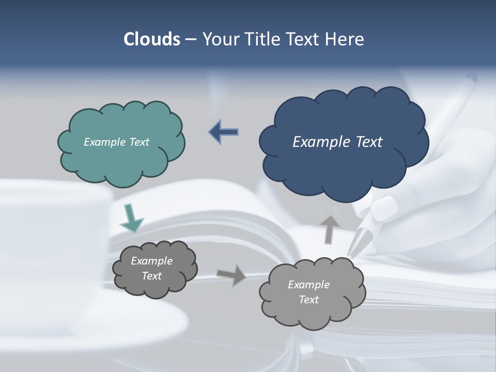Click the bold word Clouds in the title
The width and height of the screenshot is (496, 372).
[152, 39]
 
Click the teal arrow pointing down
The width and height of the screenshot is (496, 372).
[131, 218]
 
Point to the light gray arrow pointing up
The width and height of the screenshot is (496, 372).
[330, 229]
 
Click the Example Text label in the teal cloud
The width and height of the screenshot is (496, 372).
[116, 142]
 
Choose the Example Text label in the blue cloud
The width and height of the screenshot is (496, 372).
[337, 142]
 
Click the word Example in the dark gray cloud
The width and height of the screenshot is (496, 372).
[151, 261]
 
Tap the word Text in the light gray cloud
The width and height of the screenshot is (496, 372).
[308, 300]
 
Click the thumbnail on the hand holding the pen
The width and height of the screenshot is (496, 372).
[384, 209]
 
